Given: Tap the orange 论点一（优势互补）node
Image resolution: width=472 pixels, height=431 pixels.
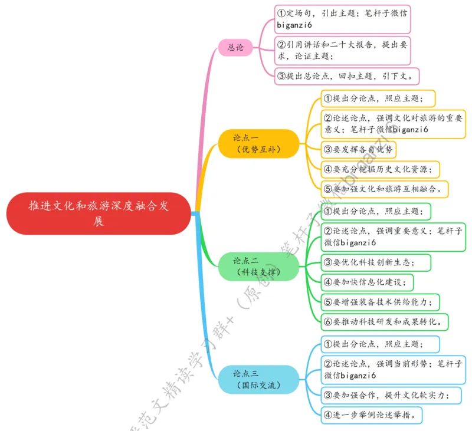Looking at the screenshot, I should [x=257, y=143].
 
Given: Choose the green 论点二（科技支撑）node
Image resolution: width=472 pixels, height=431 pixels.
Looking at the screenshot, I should [x=257, y=266].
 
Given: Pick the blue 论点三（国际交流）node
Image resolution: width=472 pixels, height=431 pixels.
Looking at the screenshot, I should [x=257, y=379].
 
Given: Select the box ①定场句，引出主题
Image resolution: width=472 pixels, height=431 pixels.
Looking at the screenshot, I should [x=343, y=19].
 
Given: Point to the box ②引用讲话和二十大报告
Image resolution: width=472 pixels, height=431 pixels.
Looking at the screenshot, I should [x=343, y=50].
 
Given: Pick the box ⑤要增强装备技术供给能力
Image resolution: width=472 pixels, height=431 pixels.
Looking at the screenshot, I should [x=381, y=302].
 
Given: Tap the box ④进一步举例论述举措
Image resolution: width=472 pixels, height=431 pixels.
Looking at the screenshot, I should [x=372, y=414].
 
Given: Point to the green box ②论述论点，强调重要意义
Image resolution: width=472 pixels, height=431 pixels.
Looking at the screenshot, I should [x=393, y=236].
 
